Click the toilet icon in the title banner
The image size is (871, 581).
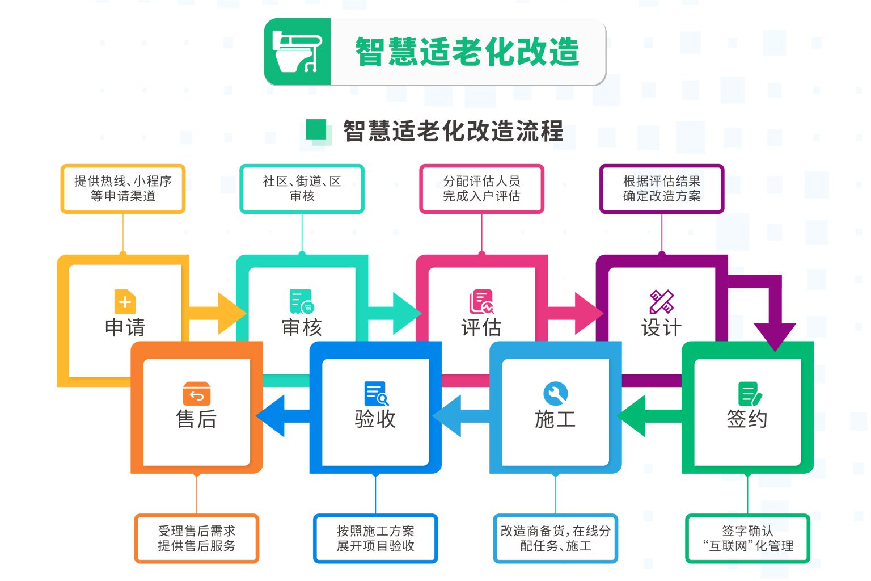[x=298, y=52]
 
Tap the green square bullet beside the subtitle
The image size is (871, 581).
[x=316, y=129]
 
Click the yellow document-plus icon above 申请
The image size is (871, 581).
[x=125, y=302]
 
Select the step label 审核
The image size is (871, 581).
[x=302, y=327]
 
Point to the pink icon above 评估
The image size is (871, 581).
[x=481, y=302]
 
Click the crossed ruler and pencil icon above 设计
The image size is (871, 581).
[x=661, y=302]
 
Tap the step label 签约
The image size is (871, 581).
[x=747, y=419]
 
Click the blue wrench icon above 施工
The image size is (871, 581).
[x=555, y=393]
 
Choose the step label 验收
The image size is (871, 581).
[x=375, y=419]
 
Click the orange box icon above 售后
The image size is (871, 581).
[x=196, y=393]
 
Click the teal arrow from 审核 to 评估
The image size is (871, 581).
[x=394, y=313]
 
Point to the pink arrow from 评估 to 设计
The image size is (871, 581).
[x=574, y=313]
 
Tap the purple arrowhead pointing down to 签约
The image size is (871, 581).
[x=775, y=335]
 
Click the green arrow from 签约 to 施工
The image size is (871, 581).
[x=649, y=416]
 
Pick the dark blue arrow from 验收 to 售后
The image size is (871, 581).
[x=283, y=416]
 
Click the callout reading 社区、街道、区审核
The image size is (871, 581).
[x=302, y=189]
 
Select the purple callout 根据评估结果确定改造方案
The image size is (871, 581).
[x=661, y=189]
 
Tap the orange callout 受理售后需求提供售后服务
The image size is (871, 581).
[x=196, y=538]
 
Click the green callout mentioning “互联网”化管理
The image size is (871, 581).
[x=747, y=538]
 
